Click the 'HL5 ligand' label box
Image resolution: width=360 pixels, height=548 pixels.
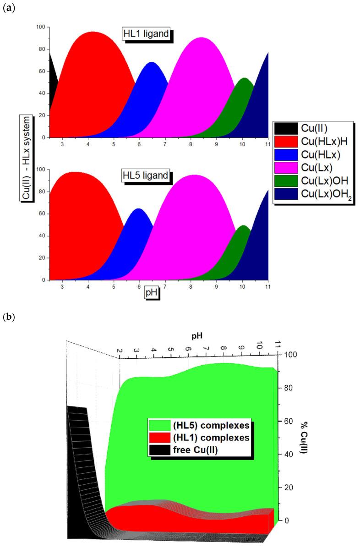point(145,175)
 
